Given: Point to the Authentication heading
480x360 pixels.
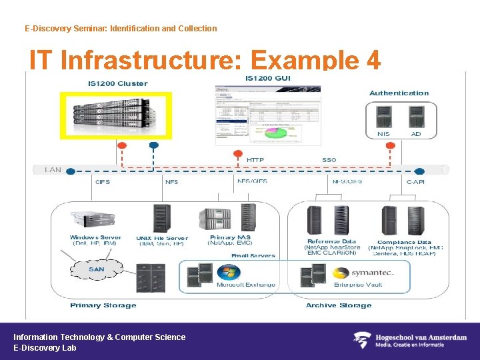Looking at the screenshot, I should click(399, 93).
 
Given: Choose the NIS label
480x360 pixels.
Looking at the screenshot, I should click(383, 134).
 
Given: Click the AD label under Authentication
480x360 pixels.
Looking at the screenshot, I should click(416, 134).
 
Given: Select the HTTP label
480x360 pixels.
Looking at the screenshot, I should click(255, 160).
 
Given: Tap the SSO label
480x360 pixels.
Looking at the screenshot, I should click(329, 160).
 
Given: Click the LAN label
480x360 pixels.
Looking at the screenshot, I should click(53, 170).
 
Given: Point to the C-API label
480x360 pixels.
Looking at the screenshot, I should click(415, 181).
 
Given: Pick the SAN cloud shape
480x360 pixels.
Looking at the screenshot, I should click(96, 270).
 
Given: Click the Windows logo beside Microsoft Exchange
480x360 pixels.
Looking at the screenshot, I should click(229, 273).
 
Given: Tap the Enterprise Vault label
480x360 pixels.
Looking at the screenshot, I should click(358, 285).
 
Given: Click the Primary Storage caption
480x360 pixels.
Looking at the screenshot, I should click(103, 305).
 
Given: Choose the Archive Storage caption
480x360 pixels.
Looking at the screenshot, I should click(339, 305).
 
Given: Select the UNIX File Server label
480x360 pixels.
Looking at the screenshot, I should click(162, 238).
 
